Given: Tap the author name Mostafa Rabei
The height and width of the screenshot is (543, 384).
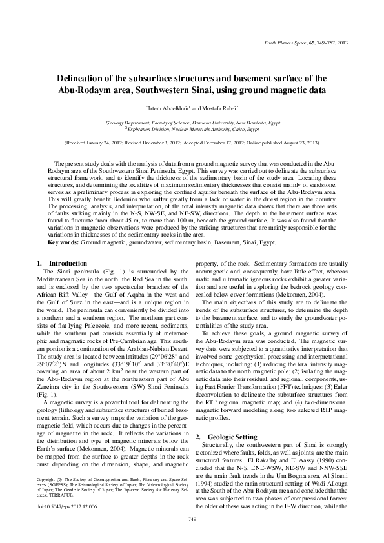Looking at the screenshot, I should click(223, 108).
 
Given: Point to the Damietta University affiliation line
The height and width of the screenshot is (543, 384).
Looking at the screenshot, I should click(192, 121).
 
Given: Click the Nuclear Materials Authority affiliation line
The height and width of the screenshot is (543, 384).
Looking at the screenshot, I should click(192, 128).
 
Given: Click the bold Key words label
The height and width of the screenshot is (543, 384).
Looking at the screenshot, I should click(66, 242).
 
